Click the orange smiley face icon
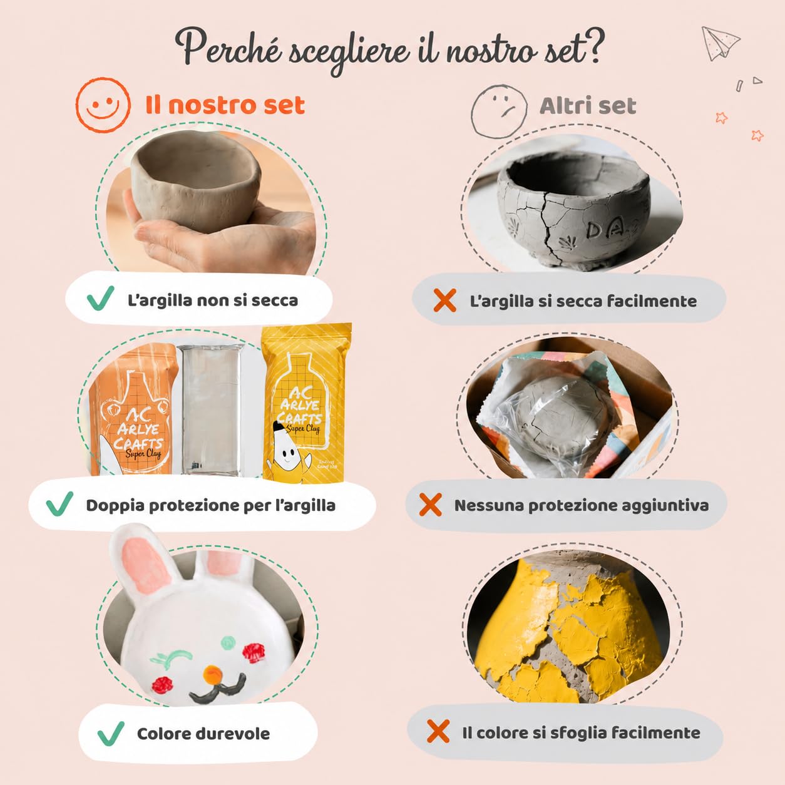coord(103,105)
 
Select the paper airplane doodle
coord(720,44)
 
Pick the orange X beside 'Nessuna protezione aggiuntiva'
coord(431,505)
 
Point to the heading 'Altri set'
coord(588,106)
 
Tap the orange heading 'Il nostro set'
coord(225,105)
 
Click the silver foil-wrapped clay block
coord(210,409)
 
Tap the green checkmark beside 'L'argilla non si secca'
coord(100,298)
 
